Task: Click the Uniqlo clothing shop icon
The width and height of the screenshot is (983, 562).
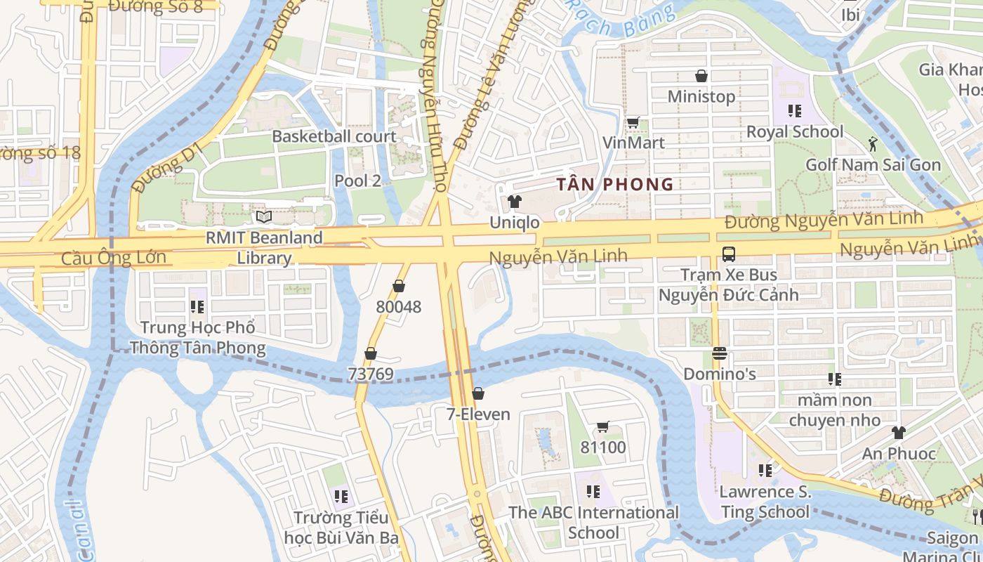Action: pos(515,202)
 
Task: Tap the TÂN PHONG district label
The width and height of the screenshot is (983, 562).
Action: pos(614,185)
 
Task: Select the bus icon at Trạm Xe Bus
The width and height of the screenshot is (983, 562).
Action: pos(728,254)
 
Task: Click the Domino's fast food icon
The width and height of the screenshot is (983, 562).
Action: pos(719,353)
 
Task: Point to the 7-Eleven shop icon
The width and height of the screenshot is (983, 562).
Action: pos(478,393)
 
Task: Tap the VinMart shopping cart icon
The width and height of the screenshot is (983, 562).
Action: pos(633,122)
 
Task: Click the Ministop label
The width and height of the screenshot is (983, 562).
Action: pos(701,96)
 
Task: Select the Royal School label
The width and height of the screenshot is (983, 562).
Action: pos(794,131)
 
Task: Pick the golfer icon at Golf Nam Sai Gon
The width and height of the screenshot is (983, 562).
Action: pos(872,144)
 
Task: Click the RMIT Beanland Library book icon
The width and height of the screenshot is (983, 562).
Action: pos(263,217)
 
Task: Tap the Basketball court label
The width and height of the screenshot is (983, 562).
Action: pos(334,136)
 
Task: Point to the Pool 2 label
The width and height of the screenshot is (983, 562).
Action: pos(357,181)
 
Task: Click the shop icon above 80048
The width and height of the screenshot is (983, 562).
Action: pos(399,286)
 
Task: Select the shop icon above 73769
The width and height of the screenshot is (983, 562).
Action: pos(370,353)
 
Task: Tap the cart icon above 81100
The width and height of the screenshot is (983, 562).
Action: pos(602,426)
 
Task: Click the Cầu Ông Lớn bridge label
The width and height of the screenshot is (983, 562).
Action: pos(114,257)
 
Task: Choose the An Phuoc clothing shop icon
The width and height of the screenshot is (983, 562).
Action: pos(899,433)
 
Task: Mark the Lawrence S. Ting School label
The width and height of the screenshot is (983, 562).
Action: pos(765,502)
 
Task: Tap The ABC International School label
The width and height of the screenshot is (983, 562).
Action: pos(593,522)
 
